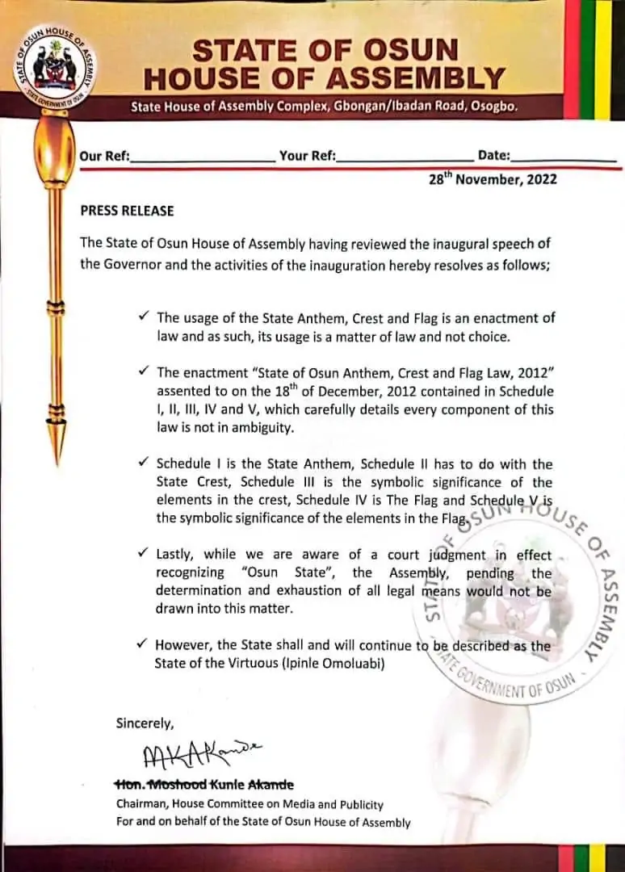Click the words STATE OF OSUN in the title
pos(325,51)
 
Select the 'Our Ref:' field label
pos(105,156)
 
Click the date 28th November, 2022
pos(493,179)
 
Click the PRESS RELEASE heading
pos(127,211)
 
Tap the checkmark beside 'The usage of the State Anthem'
pos(143,318)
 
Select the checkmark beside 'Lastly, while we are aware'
pos(143,555)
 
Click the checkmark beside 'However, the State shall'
pos(143,645)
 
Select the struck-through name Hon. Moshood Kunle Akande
pos(204,785)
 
